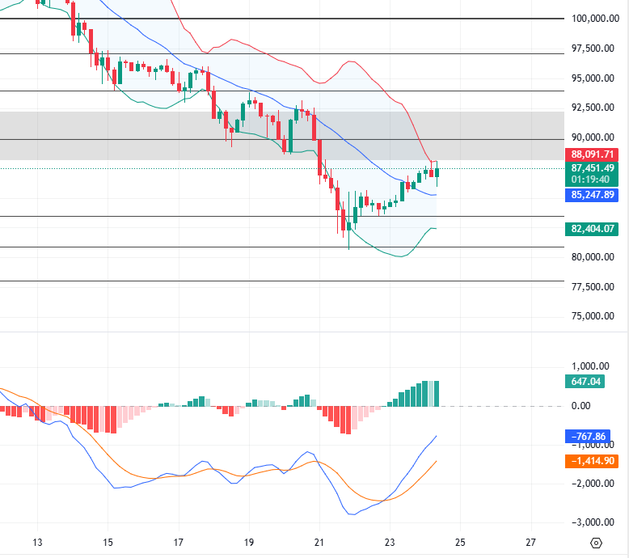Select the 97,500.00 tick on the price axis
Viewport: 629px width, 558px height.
(x=595, y=49)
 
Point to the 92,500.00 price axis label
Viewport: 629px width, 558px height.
(x=595, y=108)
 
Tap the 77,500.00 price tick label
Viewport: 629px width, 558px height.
(x=595, y=287)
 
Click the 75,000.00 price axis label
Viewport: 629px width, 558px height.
(x=595, y=316)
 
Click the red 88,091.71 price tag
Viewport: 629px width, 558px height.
(x=593, y=154)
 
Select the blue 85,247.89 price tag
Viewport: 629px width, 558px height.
(x=593, y=195)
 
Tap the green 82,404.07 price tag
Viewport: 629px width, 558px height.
(x=593, y=229)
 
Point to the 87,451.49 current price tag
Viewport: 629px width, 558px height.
(x=593, y=167)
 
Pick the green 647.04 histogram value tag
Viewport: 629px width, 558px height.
(x=586, y=382)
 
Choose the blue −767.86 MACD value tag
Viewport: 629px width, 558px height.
(x=589, y=437)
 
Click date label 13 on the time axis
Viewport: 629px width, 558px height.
(x=36, y=543)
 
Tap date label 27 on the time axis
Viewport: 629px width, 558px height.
(x=530, y=543)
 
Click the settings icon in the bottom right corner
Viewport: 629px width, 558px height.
(x=596, y=543)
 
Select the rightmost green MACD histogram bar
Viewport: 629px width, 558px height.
(x=437, y=394)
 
